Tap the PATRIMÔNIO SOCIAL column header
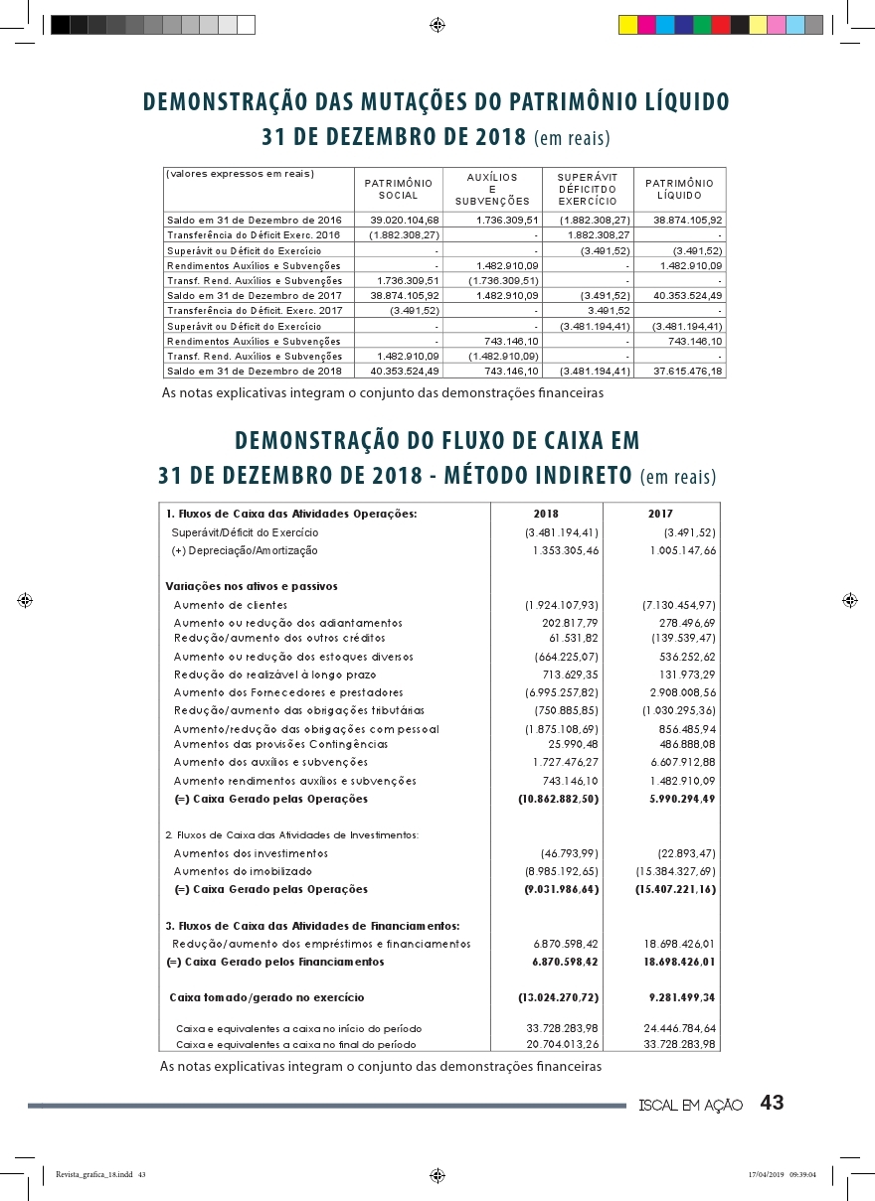pos(398,189)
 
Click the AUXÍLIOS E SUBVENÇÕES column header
pos(492,189)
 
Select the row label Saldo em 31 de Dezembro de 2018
pos(255,371)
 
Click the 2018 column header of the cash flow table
pos(546,515)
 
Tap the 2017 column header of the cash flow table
pos(660,515)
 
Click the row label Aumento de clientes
pos(231,605)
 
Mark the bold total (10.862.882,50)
pos(559,799)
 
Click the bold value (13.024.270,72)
pos(559,996)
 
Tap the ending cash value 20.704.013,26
pos(563,1044)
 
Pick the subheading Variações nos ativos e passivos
pos(252,586)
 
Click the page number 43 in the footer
pos(772,1103)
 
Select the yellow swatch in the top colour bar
pos(627,25)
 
